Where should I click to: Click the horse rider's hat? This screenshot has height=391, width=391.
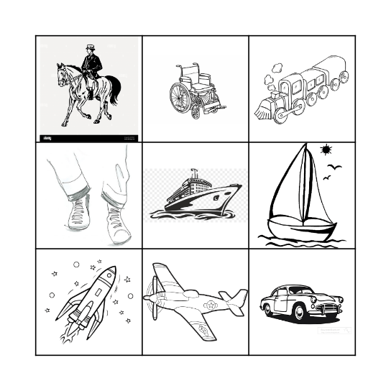pos(90,48)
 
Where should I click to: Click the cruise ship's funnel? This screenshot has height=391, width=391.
pos(193,175)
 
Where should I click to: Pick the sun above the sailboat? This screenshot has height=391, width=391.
pos(326,150)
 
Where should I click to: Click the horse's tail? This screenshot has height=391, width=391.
pos(114,89)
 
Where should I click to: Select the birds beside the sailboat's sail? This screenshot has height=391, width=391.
pos(332,172)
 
